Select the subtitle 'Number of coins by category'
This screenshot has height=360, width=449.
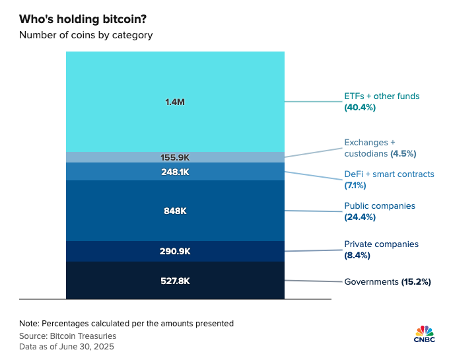coord(86,35)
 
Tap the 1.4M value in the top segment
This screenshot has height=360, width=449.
coord(174,102)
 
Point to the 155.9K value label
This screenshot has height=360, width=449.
coord(175,157)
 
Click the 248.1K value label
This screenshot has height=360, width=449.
coord(175,172)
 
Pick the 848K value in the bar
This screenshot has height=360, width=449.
coord(175,211)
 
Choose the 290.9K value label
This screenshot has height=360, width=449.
coord(175,252)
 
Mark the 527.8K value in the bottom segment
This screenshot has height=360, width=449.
coord(175,281)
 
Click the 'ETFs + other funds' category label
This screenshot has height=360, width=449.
coord(382,96)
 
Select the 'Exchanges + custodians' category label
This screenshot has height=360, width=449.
coord(369,147)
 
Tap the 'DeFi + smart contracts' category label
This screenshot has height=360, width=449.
coord(389,174)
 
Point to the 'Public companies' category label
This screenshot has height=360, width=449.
coord(380,205)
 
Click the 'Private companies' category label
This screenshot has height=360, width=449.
coord(381,244)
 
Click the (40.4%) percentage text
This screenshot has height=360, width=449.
coord(360,107)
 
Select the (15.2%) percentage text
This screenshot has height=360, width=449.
coord(416,281)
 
